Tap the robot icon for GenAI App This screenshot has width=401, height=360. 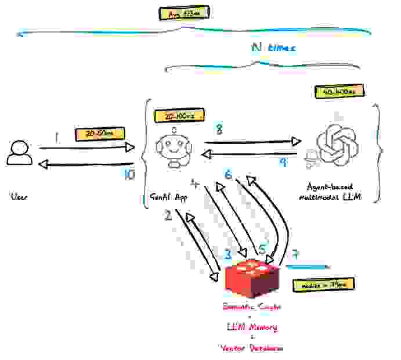174,145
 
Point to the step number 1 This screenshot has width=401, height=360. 56,138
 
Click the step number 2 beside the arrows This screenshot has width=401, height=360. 168,216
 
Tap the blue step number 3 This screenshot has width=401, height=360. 227,254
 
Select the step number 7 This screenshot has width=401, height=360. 295,254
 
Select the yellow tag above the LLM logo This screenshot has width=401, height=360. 339,92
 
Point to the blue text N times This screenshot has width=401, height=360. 273,48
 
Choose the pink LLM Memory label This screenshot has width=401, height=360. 251,327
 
